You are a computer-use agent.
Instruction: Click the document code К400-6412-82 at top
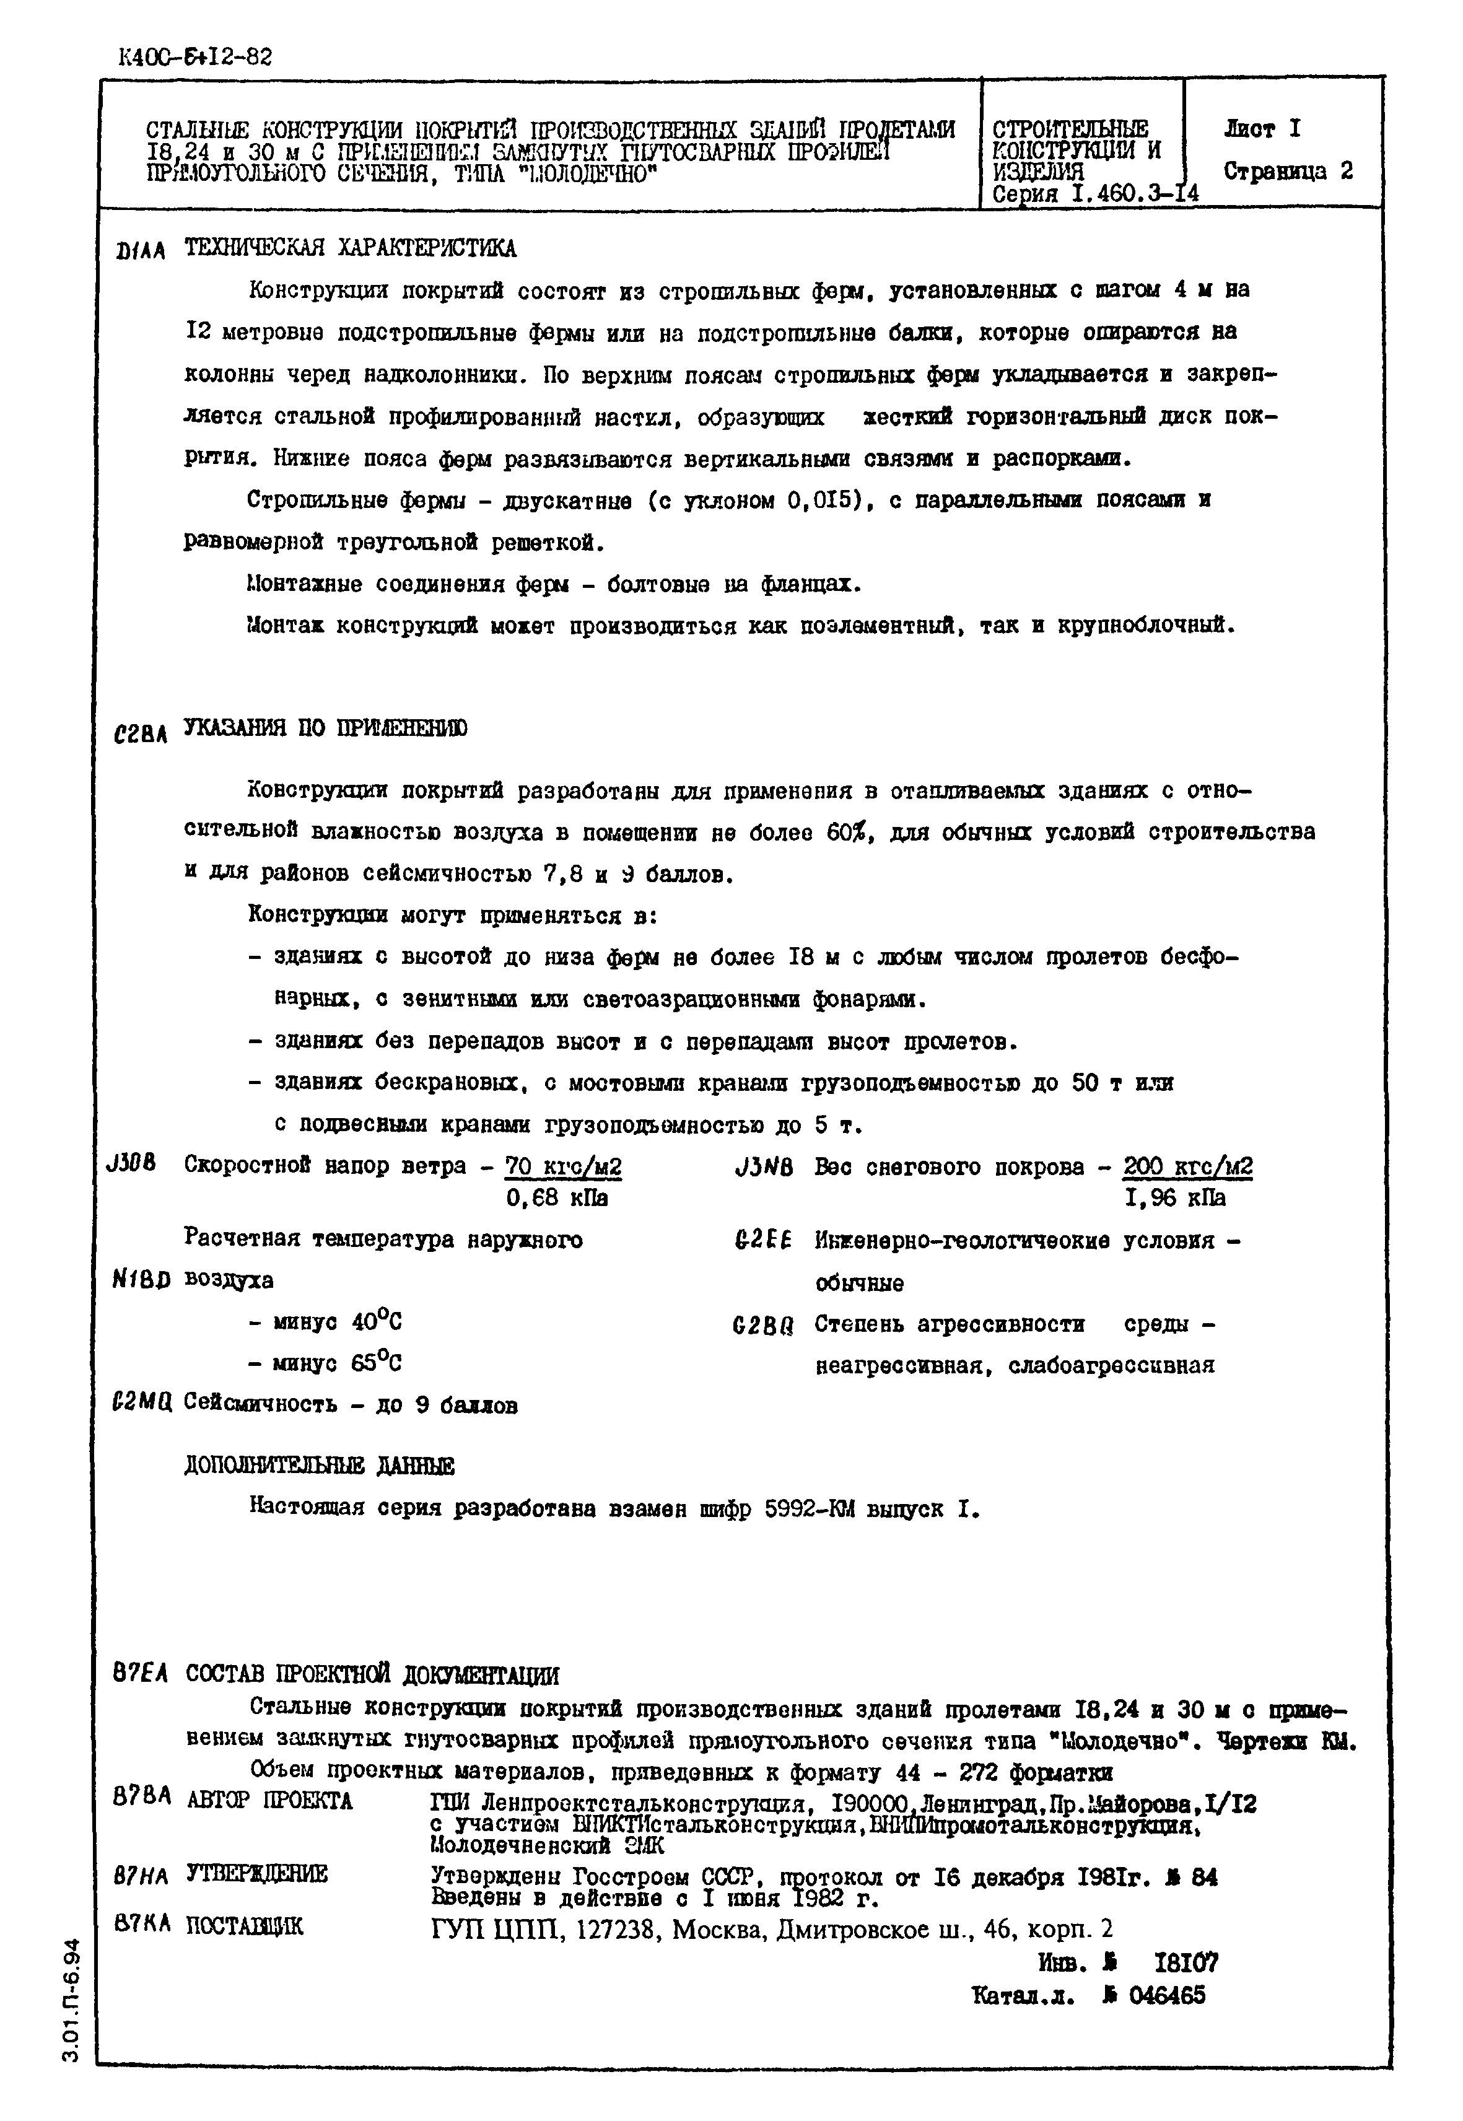point(195,58)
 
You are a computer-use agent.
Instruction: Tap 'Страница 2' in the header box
point(1288,172)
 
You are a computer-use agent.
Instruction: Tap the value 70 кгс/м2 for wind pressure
point(563,1167)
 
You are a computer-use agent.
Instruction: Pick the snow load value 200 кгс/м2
point(1187,1167)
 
